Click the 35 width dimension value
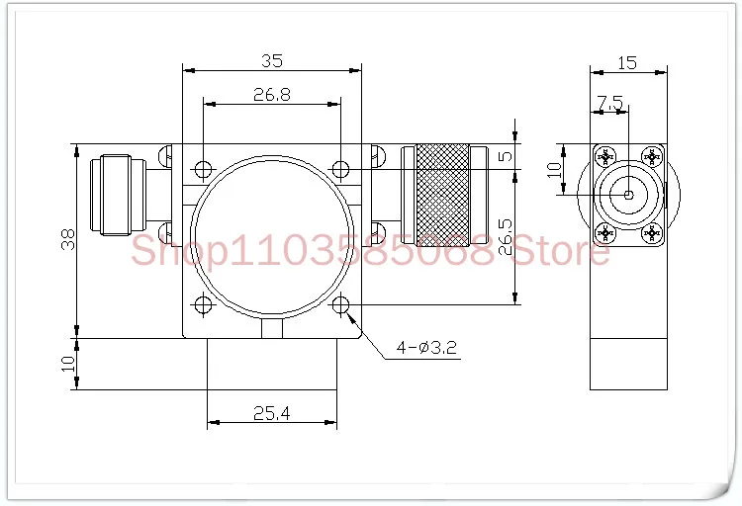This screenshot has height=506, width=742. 272,61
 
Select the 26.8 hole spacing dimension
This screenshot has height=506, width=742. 272,95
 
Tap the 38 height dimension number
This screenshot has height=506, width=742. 68,239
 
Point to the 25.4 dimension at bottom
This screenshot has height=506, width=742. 272,414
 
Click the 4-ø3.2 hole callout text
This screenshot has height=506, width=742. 426,348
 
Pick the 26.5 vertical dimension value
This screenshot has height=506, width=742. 505,236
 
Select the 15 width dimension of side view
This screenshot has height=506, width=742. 627,63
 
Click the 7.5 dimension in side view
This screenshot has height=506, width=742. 609,103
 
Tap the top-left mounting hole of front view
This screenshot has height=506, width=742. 203,169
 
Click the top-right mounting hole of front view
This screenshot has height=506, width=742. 340,169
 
